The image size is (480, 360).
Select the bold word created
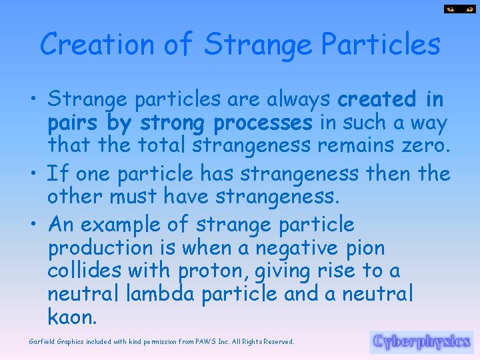click(377, 99)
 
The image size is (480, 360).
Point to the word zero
click(423, 146)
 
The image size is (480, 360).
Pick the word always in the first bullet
click(299, 99)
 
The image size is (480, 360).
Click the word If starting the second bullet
click(59, 174)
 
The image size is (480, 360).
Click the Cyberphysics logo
click(421, 342)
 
